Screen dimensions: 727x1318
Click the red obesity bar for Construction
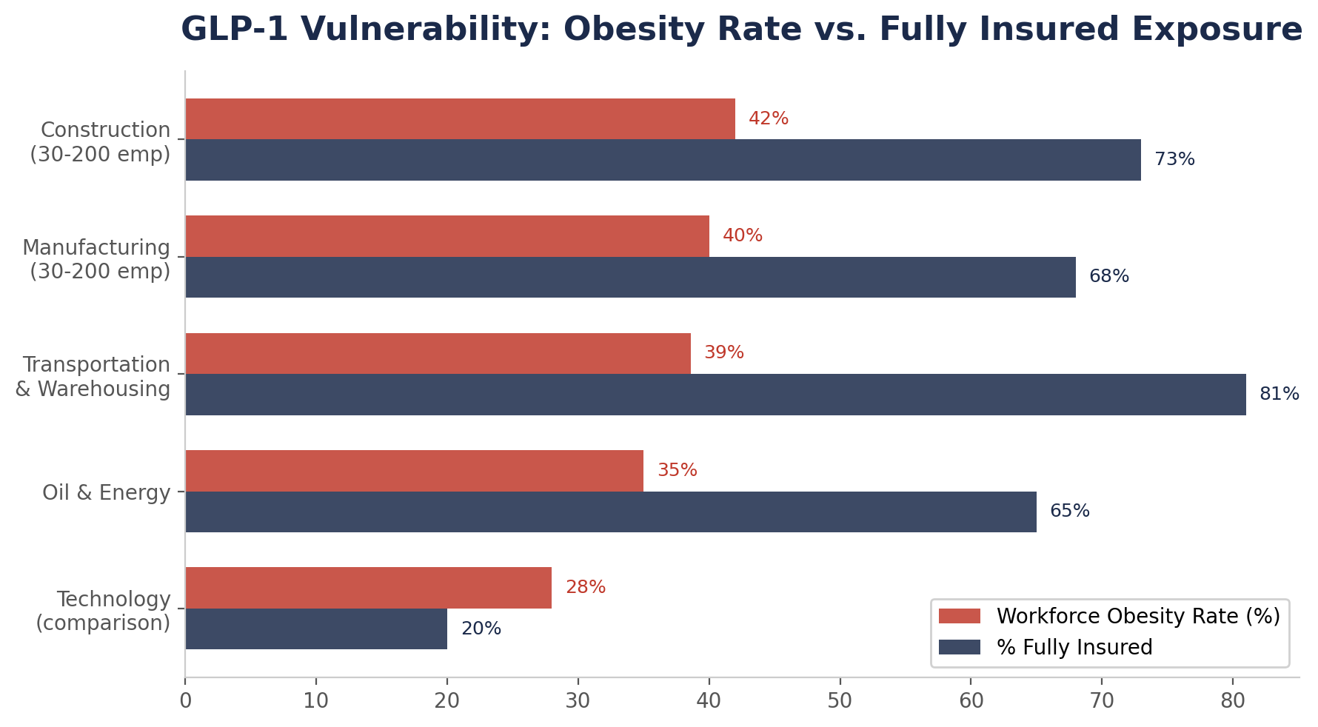[460, 118]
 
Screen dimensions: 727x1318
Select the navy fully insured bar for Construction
[663, 160]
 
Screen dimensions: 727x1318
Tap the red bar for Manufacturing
[447, 236]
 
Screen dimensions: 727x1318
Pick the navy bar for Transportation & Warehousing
[715, 395]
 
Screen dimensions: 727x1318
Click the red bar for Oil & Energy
[414, 471]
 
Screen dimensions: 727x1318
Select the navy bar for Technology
[316, 629]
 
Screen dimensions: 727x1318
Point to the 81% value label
[1279, 395]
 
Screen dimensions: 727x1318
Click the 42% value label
[768, 119]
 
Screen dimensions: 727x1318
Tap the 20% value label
[481, 629]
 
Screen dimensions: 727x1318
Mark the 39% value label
[723, 353]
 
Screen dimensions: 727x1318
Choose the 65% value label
[1069, 512]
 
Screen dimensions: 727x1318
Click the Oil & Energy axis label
[106, 492]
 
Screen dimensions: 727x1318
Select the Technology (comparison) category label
[104, 611]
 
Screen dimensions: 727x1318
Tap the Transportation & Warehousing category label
[93, 376]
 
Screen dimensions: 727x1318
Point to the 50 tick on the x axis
[840, 701]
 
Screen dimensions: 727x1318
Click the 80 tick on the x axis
[1233, 701]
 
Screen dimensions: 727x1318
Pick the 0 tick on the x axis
[185, 701]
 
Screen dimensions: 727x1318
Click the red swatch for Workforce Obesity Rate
[959, 617]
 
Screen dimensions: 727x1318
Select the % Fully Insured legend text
[1074, 648]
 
